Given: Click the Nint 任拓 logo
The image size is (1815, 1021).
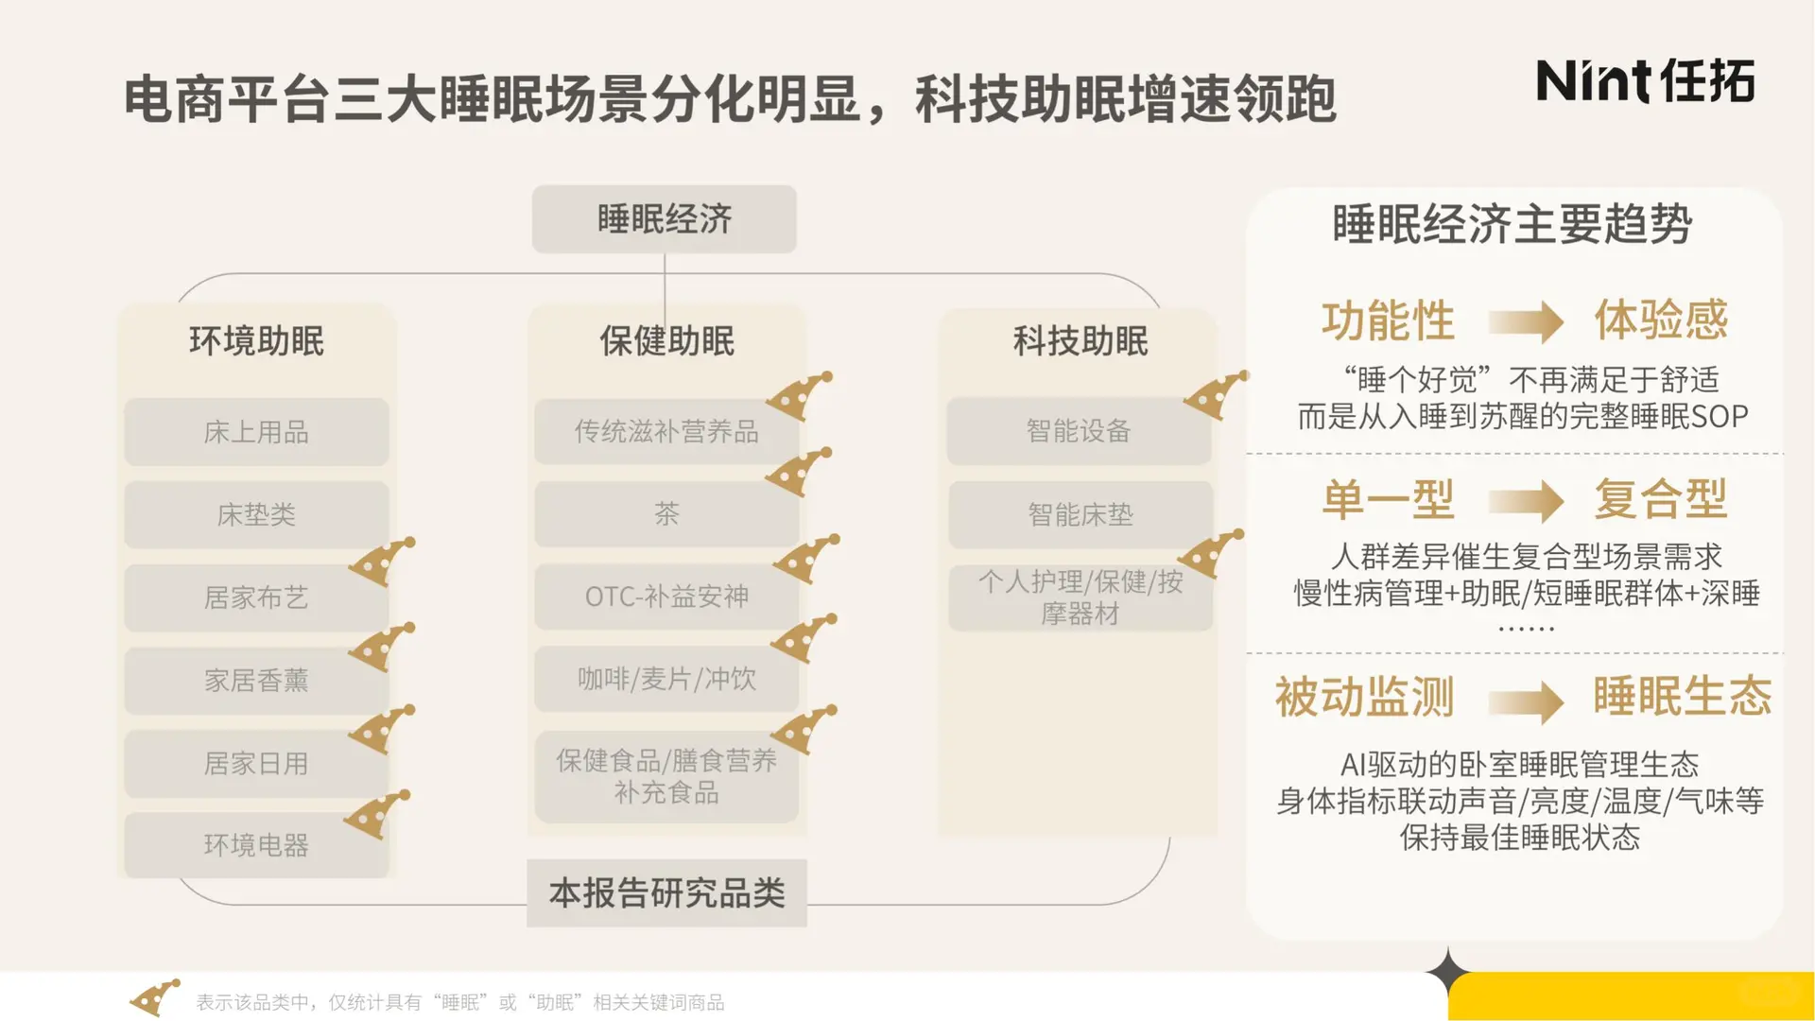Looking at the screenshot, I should pos(1645,80).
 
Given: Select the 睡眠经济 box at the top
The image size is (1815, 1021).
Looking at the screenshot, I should pos(664,219).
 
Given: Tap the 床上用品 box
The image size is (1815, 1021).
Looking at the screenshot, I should pos(256,432).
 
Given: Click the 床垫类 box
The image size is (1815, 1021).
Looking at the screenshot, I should pos(256,514).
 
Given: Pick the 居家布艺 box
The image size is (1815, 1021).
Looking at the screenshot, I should pos(256,597).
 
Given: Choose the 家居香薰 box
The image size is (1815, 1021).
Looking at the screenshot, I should pos(256,680).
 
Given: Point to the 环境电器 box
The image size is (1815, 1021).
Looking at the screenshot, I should pos(256,844).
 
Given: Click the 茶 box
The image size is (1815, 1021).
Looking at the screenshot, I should pos(666,513).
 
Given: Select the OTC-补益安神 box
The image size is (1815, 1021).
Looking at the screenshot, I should pos(666,597).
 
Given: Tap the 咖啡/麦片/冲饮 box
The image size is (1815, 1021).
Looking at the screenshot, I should pos(666,679).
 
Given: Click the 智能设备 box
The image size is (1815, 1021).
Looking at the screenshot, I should pos(1079,431).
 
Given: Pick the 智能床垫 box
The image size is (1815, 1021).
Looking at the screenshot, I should pos(1080,514).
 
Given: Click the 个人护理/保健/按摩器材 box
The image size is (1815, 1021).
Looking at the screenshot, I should pos(1080,597).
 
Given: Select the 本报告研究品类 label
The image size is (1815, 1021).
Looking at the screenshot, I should pos(666,892).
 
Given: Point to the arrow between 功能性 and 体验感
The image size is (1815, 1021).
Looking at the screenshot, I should pos(1525,322).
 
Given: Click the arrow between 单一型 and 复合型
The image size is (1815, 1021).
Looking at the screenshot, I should pos(1525,501).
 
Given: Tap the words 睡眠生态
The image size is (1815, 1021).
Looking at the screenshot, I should pos(1682,697).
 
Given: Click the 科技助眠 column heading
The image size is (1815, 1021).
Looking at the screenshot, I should pos(1080,340).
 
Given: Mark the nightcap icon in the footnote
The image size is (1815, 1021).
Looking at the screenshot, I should pos(153,998).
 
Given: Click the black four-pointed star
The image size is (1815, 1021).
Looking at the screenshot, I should pos(1447,972).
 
